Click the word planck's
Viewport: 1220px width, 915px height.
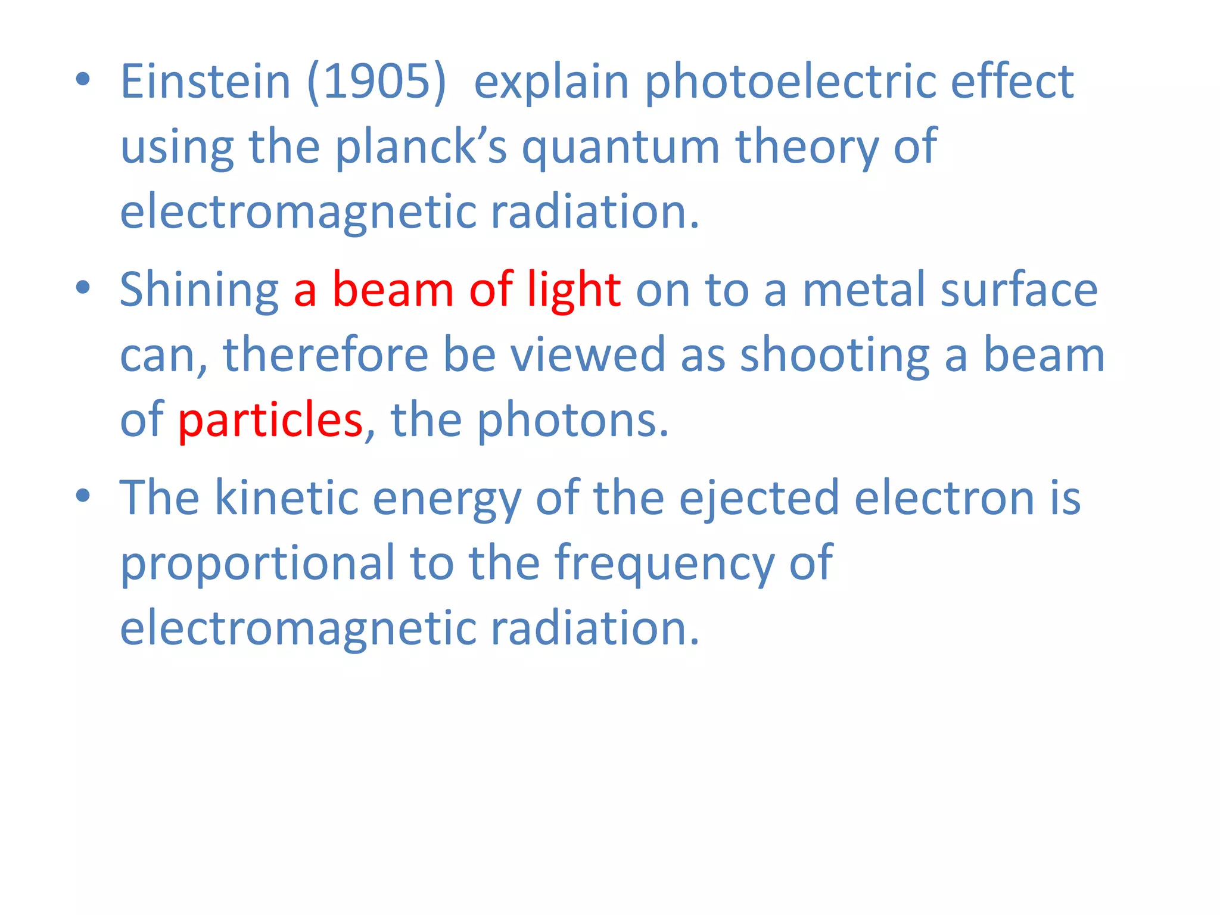click(x=421, y=147)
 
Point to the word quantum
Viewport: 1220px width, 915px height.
click(x=621, y=147)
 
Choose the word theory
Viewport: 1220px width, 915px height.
click(x=807, y=147)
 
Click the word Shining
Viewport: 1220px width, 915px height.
click(x=199, y=290)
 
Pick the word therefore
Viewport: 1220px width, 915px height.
click(x=325, y=355)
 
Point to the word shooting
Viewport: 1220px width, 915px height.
click(x=835, y=355)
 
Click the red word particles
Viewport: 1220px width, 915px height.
click(x=270, y=420)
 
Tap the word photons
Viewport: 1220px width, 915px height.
click(x=573, y=420)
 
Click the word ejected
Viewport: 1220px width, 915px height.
click(x=759, y=497)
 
